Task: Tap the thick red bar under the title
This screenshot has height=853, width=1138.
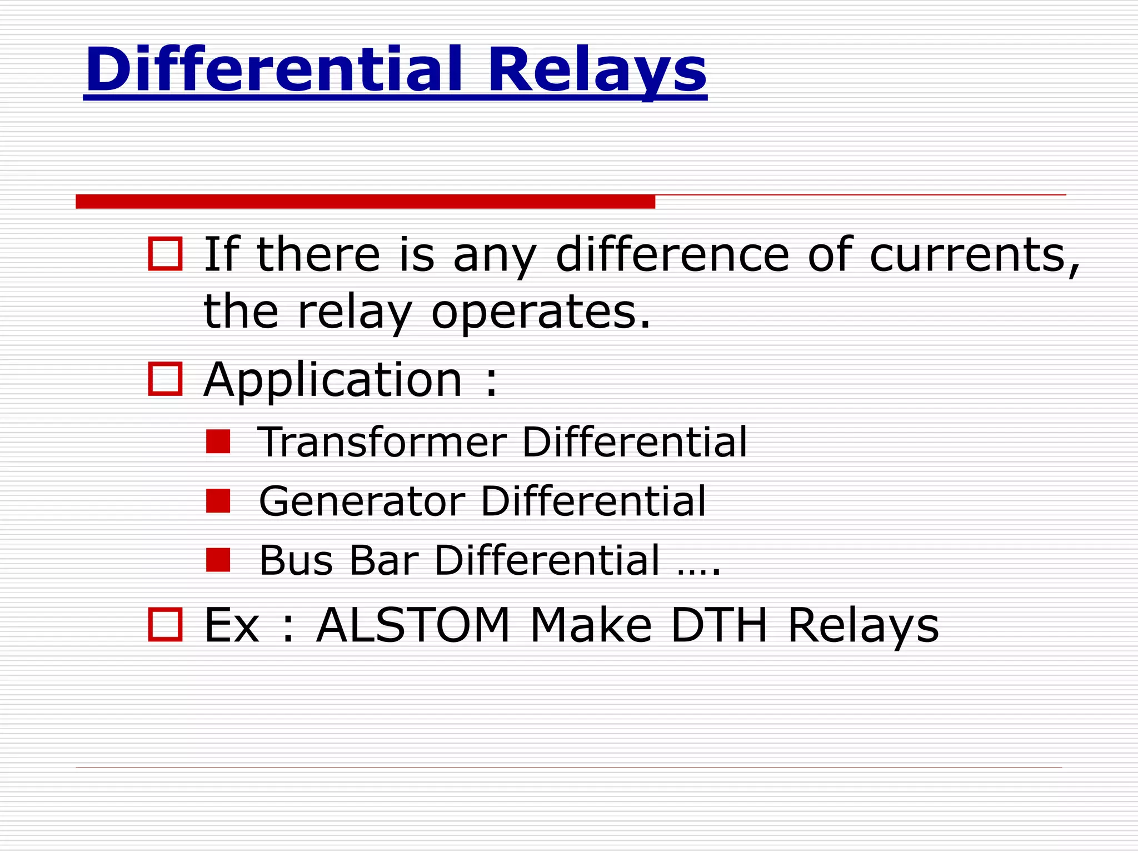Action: coord(365,202)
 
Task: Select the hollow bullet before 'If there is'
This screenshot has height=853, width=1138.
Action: coord(166,254)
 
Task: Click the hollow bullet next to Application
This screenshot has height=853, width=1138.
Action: coord(166,379)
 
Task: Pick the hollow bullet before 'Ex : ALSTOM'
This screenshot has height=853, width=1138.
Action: coord(166,625)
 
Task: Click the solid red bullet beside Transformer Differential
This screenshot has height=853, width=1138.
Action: coord(218,442)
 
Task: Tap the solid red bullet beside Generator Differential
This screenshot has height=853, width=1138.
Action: coord(218,501)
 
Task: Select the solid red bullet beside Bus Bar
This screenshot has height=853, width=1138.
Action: coord(218,560)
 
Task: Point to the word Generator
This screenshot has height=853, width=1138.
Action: coord(362,501)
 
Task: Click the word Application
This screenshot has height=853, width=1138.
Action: coord(333,380)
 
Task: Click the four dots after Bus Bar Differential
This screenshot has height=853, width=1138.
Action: coord(698,572)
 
